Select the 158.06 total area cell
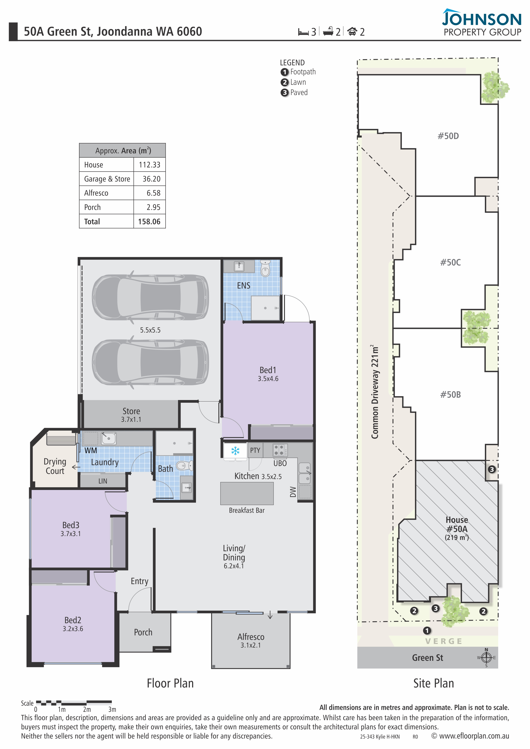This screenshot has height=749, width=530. coord(149,221)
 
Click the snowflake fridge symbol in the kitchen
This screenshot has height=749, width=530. coord(235,451)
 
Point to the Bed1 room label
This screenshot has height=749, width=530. coord(268,370)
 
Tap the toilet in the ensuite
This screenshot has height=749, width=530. coord(265,268)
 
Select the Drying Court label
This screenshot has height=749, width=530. coord(55,466)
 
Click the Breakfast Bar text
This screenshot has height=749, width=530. coord(247,510)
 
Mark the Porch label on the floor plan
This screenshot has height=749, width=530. coord(143,632)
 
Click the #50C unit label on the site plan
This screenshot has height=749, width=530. coord(450,262)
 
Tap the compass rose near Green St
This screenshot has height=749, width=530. coord(486,658)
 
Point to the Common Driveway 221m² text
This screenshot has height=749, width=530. coord(375,391)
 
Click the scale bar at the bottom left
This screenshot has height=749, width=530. coord(74,702)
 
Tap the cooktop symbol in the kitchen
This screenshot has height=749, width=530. coord(280,450)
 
